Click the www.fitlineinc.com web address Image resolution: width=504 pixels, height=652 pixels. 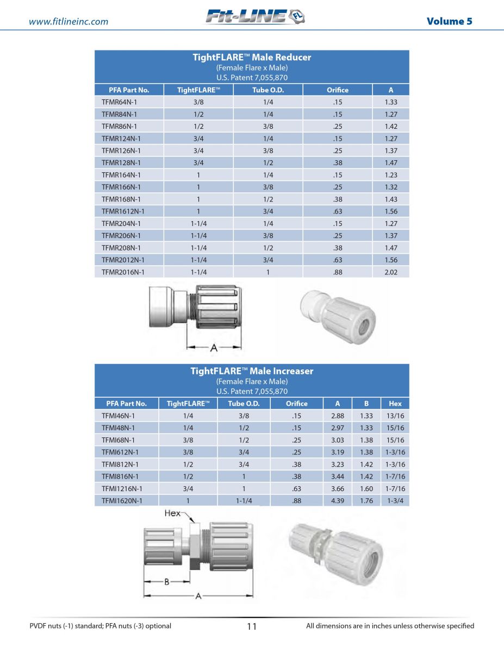tap(69, 22)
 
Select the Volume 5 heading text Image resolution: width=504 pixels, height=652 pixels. tap(449, 21)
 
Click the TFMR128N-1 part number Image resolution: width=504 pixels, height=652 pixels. tap(121, 162)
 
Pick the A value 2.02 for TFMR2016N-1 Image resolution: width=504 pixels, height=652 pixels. tap(390, 272)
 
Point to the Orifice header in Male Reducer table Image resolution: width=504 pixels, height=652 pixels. tap(338, 90)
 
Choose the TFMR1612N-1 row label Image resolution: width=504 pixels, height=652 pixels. tap(123, 211)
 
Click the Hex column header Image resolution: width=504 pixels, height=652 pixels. tap(395, 404)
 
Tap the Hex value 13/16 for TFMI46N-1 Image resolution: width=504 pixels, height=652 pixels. tap(395, 416)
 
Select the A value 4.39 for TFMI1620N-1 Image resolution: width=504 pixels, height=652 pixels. tap(338, 501)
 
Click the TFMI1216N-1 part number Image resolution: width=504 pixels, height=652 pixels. tap(122, 488)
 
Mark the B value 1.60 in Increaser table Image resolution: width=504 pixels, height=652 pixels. tap(366, 488)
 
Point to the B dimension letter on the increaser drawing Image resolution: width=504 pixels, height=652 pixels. tap(167, 581)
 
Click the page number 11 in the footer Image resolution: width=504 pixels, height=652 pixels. tap(252, 626)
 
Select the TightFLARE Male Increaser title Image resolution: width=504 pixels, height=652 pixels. tap(252, 371)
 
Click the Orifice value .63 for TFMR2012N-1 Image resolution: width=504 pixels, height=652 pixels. tap(338, 260)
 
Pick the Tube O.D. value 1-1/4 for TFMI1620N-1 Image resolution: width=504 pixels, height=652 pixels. tap(244, 501)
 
